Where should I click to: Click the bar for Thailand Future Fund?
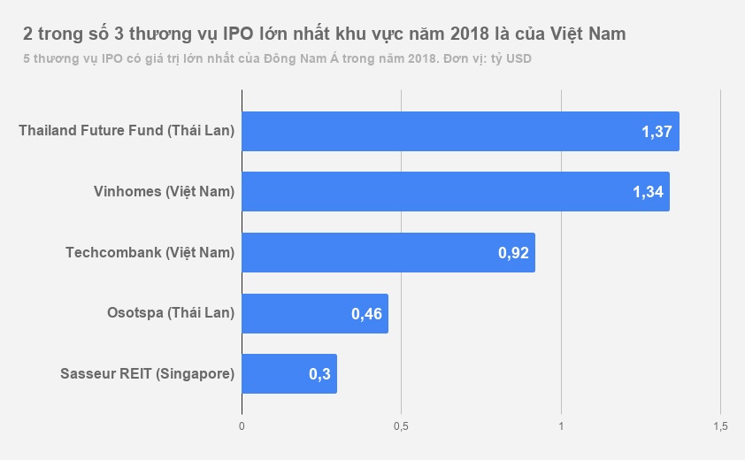(x=460, y=132)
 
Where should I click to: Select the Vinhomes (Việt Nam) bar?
(x=455, y=192)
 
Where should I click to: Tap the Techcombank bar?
(x=388, y=252)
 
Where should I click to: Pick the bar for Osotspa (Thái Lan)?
(x=314, y=313)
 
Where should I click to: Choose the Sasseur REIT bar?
(x=288, y=373)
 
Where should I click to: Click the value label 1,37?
(x=657, y=133)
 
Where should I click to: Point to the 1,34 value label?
(x=648, y=193)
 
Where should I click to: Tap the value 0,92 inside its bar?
(x=513, y=253)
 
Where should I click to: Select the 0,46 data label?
(x=366, y=314)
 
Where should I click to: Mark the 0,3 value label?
(x=319, y=374)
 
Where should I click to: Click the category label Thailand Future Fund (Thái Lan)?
(x=127, y=131)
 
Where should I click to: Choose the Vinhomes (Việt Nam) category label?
(x=164, y=192)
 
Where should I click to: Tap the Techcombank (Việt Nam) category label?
(x=150, y=252)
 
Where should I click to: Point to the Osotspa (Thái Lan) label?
(x=171, y=312)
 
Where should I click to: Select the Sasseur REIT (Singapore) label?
(x=147, y=373)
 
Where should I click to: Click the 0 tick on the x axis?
(x=242, y=426)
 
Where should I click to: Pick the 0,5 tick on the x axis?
(x=401, y=426)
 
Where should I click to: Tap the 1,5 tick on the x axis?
(x=719, y=426)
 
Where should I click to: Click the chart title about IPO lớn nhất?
(x=325, y=34)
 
